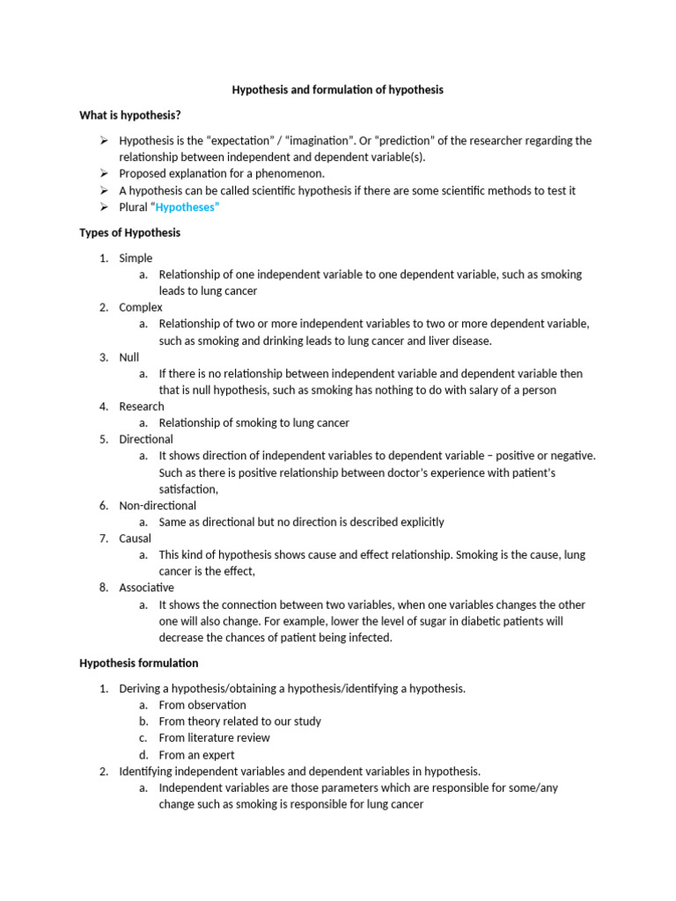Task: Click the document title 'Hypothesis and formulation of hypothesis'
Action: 337,90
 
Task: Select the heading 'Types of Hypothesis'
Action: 129,232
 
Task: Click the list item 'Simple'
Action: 136,258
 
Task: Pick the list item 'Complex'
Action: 141,307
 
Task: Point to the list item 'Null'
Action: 129,357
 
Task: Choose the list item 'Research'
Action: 142,407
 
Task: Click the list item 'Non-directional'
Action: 158,505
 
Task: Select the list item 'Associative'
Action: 146,587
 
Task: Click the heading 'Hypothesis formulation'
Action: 139,663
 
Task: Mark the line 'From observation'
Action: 202,705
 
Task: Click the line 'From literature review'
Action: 214,737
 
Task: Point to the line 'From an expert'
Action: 196,755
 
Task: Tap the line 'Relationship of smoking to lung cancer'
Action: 253,423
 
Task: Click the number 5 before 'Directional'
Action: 103,439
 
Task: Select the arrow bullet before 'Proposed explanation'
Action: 103,173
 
